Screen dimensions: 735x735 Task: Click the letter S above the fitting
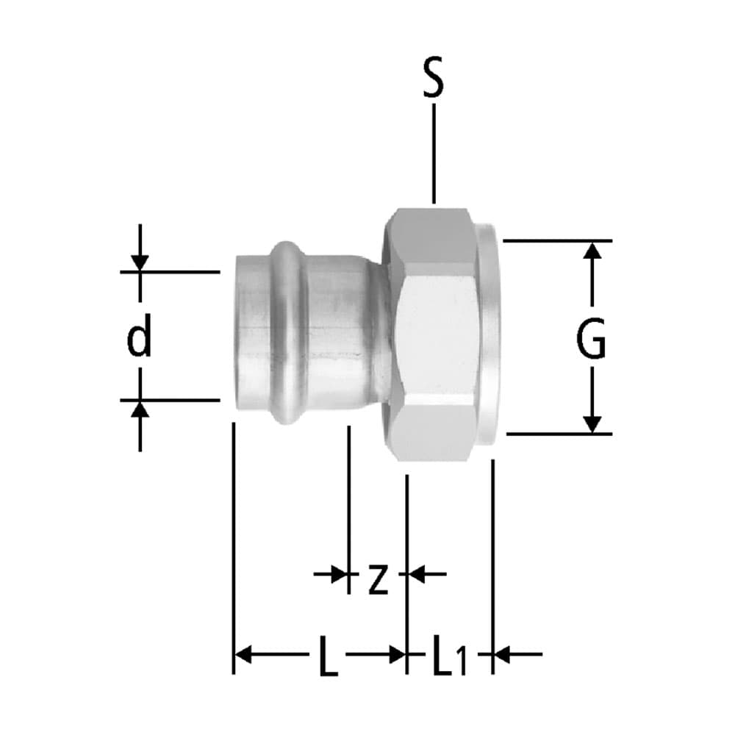point(434,81)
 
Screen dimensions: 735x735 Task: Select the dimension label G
point(591,340)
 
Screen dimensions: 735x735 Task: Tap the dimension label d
point(138,339)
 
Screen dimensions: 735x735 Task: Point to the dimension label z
point(377,579)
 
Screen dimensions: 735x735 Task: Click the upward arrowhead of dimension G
point(592,251)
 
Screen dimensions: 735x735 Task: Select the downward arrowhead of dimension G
point(592,423)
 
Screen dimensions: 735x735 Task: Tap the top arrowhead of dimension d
point(140,262)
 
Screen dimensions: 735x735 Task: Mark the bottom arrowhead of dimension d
point(140,409)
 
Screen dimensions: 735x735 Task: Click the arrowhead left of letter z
point(339,573)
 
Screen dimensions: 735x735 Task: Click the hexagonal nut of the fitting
point(434,334)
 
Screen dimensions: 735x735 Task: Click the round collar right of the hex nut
point(490,334)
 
